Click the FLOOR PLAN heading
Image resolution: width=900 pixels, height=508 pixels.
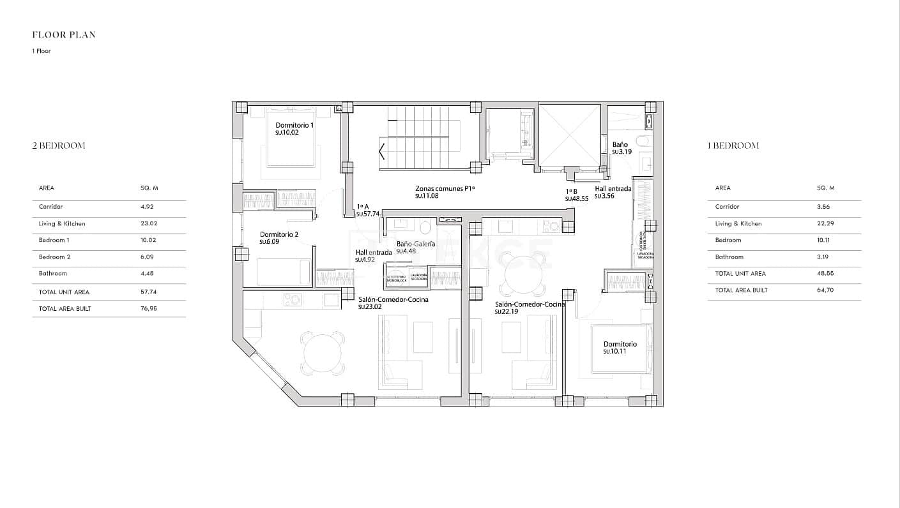[64, 35]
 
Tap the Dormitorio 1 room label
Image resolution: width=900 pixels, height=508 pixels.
[294, 126]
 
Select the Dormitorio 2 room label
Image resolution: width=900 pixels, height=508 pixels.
[279, 235]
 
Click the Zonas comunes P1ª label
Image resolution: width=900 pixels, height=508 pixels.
[445, 189]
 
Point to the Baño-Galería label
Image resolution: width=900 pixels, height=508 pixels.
[415, 244]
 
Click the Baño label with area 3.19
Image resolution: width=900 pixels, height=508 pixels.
[620, 145]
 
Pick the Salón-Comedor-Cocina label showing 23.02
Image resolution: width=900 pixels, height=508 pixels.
[393, 299]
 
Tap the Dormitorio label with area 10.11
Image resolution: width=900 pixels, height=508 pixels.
[620, 345]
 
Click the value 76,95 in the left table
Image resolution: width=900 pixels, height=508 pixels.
[148, 309]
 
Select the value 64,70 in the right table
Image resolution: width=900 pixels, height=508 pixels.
[825, 290]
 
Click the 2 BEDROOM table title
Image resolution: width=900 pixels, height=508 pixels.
[59, 146]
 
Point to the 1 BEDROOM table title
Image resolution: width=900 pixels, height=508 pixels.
[733, 146]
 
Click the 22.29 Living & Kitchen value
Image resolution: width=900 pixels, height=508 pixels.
[825, 224]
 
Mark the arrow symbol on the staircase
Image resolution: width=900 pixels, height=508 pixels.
[382, 152]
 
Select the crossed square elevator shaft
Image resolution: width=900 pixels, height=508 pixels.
[570, 135]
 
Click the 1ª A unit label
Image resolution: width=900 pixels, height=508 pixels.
[363, 207]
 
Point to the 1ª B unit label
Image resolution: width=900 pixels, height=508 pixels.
[572, 191]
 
